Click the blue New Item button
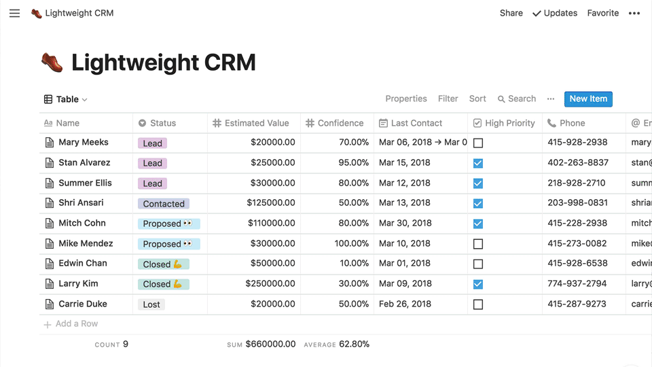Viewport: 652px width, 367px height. coord(588,99)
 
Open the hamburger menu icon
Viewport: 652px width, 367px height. coord(15,13)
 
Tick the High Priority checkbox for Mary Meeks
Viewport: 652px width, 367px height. coord(478,143)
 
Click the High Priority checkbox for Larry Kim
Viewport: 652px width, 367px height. coord(478,284)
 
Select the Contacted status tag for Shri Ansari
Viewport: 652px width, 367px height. coord(164,204)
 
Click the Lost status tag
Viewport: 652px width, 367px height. coord(151,304)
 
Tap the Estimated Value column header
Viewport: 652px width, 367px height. coord(257,123)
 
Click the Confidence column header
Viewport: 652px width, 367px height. coord(340,123)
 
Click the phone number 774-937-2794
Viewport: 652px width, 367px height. coord(577,283)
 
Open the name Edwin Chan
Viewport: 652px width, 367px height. coord(83,263)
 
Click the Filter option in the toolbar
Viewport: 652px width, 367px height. coord(448,99)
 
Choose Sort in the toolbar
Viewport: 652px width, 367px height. coord(477,99)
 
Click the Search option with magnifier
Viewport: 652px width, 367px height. coord(517,99)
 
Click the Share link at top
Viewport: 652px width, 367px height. coord(511,13)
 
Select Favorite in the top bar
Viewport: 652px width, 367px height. coord(603,13)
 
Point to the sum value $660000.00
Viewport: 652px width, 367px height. coord(270,344)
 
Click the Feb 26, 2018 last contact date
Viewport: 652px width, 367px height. coord(405,304)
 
